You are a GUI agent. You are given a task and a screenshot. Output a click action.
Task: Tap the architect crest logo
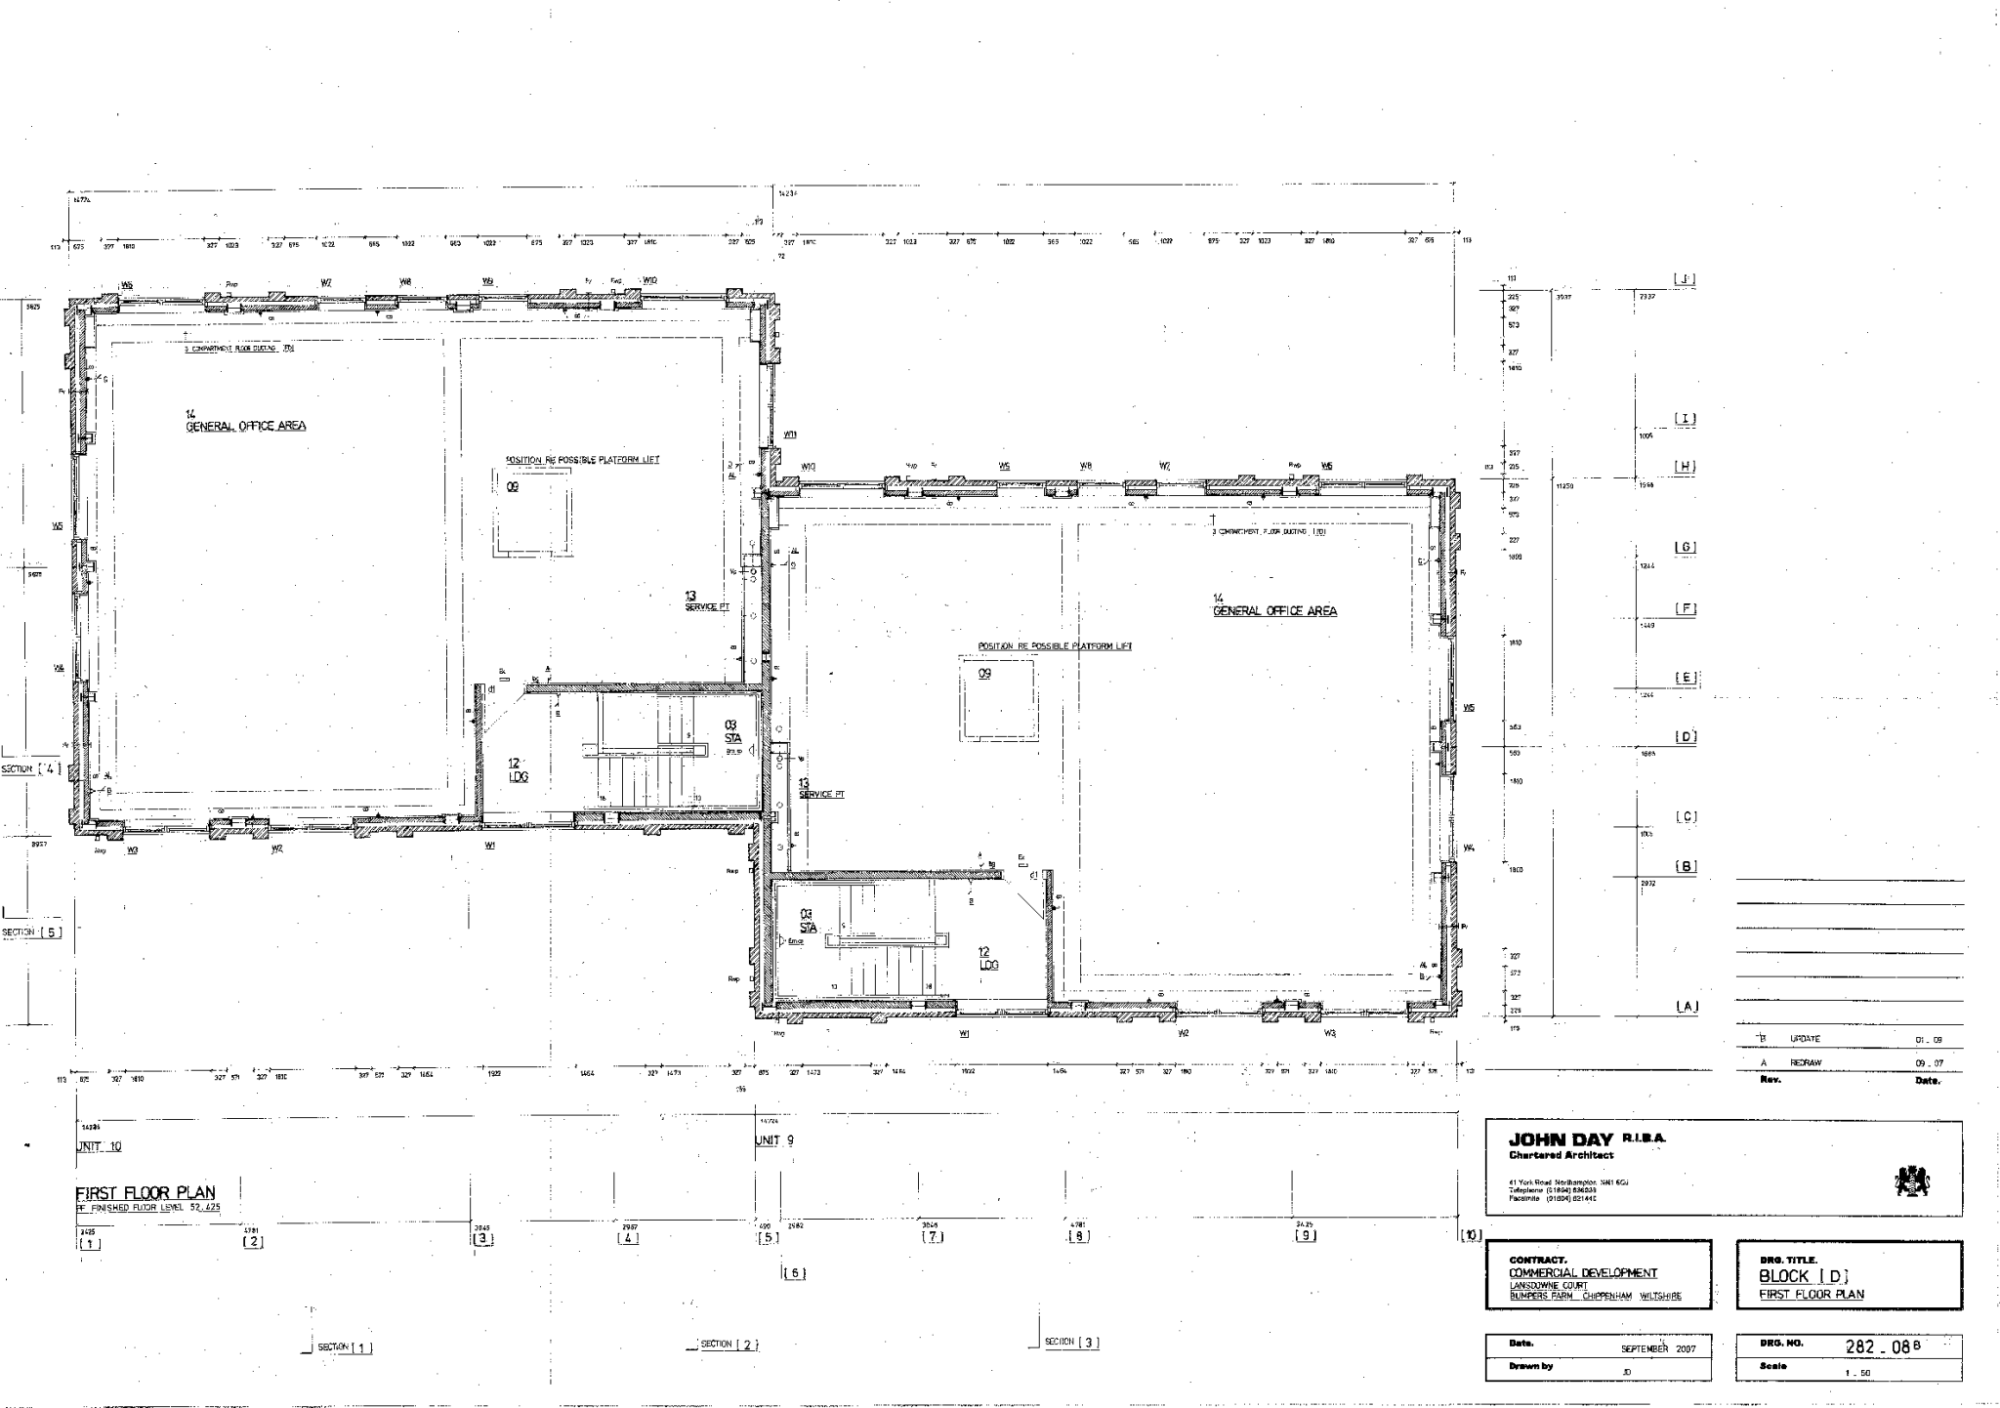(1911, 1182)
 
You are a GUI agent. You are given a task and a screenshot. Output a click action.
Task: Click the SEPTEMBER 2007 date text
(1658, 1348)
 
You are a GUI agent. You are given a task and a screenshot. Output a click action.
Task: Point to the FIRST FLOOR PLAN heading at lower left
(146, 1192)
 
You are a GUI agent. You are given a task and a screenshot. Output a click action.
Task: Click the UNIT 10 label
(99, 1146)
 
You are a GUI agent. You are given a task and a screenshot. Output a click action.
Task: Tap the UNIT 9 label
(774, 1140)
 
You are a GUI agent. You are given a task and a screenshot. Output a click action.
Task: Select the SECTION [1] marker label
(345, 1347)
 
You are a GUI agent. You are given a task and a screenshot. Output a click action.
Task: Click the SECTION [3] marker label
(1071, 1342)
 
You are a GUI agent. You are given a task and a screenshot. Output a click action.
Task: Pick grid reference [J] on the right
(1685, 279)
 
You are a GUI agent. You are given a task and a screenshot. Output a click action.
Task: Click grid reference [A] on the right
(1686, 1007)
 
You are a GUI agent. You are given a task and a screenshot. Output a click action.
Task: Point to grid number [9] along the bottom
(1306, 1235)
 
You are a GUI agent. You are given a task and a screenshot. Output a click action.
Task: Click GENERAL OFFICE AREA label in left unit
(246, 425)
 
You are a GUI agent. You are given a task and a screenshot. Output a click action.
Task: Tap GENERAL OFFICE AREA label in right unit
(1274, 610)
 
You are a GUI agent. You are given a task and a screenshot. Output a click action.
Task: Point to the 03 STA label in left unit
(731, 731)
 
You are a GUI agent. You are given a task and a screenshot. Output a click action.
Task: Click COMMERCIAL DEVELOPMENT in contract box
(1582, 1272)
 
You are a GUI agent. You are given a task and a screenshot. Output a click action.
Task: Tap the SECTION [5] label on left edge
(32, 932)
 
